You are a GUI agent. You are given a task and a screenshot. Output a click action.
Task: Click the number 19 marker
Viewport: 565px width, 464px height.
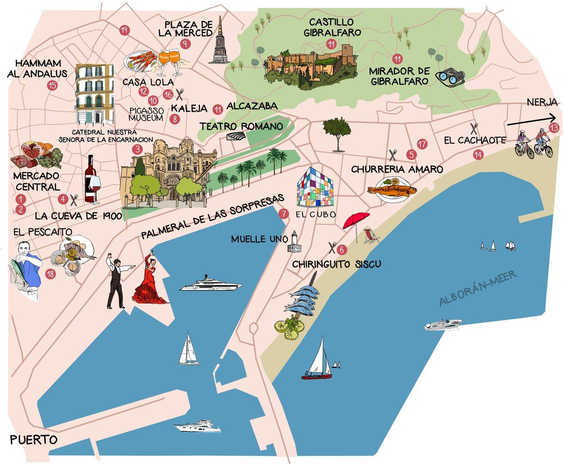pyautogui.click(x=124, y=30)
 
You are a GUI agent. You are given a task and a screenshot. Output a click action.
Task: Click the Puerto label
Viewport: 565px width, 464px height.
pyautogui.click(x=34, y=440)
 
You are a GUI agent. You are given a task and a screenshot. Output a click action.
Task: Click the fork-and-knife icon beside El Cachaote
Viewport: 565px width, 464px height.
pyautogui.click(x=474, y=128)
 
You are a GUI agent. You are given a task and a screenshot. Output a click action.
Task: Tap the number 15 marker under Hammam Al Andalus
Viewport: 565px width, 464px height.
pyautogui.click(x=52, y=85)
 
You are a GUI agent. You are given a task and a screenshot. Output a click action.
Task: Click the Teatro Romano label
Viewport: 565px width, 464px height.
pyautogui.click(x=241, y=126)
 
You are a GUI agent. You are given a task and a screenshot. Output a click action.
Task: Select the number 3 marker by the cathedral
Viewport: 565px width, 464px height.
pyautogui.click(x=137, y=150)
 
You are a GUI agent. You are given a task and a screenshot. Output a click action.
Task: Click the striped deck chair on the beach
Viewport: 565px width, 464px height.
pyautogui.click(x=370, y=236)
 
